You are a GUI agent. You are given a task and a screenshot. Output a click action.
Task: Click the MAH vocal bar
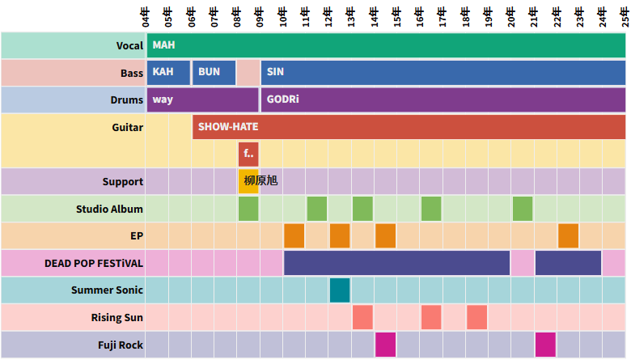click(x=386, y=45)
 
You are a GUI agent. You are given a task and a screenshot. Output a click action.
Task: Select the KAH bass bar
click(x=168, y=73)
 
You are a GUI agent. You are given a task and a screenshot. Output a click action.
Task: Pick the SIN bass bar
click(x=443, y=73)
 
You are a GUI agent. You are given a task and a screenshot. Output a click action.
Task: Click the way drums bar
click(x=202, y=100)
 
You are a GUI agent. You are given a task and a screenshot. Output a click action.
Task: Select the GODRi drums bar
click(x=443, y=100)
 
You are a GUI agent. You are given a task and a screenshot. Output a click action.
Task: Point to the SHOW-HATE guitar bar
click(x=409, y=127)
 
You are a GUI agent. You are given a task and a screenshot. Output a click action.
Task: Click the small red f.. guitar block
click(x=248, y=154)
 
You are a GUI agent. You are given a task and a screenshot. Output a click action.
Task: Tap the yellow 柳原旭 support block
click(x=248, y=181)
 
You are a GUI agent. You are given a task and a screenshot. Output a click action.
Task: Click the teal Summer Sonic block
click(x=340, y=290)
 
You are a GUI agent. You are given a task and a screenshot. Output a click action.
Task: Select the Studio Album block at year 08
click(x=248, y=209)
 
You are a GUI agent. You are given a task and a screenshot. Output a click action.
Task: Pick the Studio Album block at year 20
click(x=523, y=209)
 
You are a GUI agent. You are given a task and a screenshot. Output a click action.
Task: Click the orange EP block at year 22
click(x=569, y=235)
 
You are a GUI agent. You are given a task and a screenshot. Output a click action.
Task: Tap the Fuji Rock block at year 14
click(x=385, y=345)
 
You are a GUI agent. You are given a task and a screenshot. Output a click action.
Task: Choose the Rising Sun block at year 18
click(x=476, y=317)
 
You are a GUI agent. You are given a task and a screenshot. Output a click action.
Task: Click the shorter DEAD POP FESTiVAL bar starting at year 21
click(x=568, y=263)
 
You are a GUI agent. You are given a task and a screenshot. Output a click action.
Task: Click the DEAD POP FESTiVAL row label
click(x=94, y=264)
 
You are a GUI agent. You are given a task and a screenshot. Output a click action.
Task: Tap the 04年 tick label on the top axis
click(x=146, y=15)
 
